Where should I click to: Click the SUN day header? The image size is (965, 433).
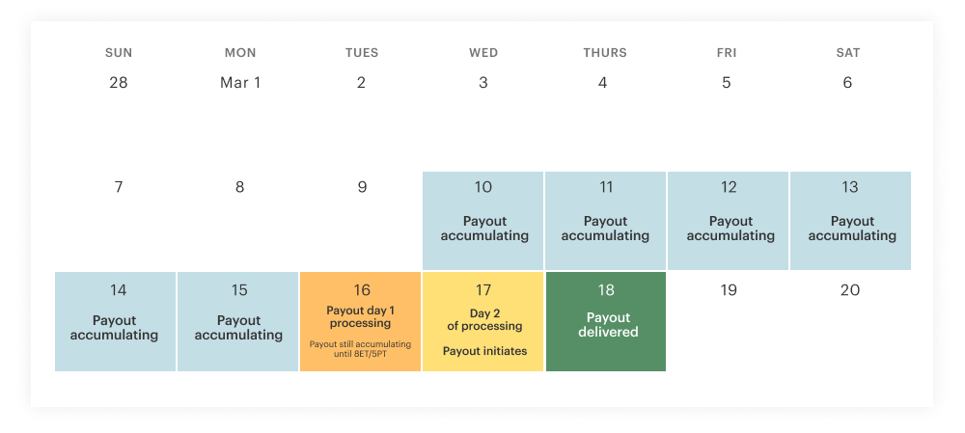pos(119,53)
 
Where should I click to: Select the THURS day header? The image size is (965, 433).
pos(605,53)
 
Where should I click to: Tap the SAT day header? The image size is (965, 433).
pos(848,53)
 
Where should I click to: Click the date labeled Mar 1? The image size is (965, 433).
pos(240,83)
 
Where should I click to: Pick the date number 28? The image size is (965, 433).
pos(119,83)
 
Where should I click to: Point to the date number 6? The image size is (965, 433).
pos(848,83)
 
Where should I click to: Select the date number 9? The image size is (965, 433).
pos(362,187)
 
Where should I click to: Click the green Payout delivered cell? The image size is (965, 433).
pos(606,321)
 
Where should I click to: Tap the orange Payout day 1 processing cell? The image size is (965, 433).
pos(361,321)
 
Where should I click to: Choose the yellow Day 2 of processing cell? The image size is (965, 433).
pos(483,321)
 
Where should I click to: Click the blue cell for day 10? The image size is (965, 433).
pos(483,221)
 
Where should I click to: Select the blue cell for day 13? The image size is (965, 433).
pos(850,221)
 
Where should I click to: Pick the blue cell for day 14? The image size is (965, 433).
pos(116,321)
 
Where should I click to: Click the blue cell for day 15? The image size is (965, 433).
pos(238,321)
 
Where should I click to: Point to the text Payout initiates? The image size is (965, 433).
pos(484,351)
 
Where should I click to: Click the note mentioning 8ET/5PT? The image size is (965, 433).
pos(360,348)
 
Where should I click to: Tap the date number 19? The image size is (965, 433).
pos(729,290)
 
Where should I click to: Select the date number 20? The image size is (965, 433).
pos(850,290)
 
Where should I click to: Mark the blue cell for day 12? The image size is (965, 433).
pos(729,221)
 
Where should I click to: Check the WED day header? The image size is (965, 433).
pos(483,53)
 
